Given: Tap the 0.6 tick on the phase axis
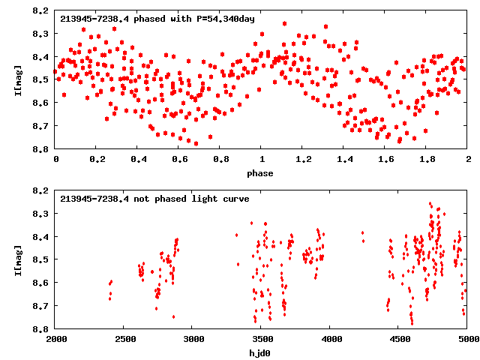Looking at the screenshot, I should tap(179, 160).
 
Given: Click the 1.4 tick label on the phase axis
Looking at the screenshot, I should tap(344, 160).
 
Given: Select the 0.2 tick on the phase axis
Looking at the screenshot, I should tap(97, 160).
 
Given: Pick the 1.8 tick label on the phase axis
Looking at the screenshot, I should tap(427, 160).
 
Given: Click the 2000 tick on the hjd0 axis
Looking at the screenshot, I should tap(56, 340).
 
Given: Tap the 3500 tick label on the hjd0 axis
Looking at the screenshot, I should tap(262, 340).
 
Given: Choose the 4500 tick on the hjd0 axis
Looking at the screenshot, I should tap(399, 340).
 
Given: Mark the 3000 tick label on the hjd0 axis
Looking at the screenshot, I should tap(193, 340).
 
